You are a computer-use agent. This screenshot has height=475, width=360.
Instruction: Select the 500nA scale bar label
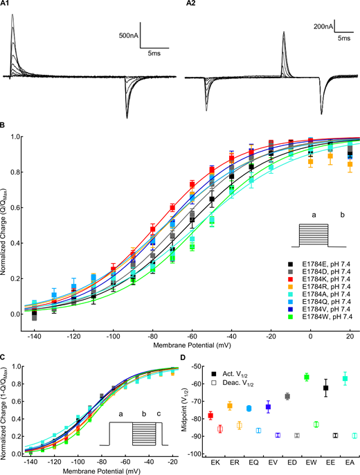127,35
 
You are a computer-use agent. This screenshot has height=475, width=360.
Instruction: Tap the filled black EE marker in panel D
325,388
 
